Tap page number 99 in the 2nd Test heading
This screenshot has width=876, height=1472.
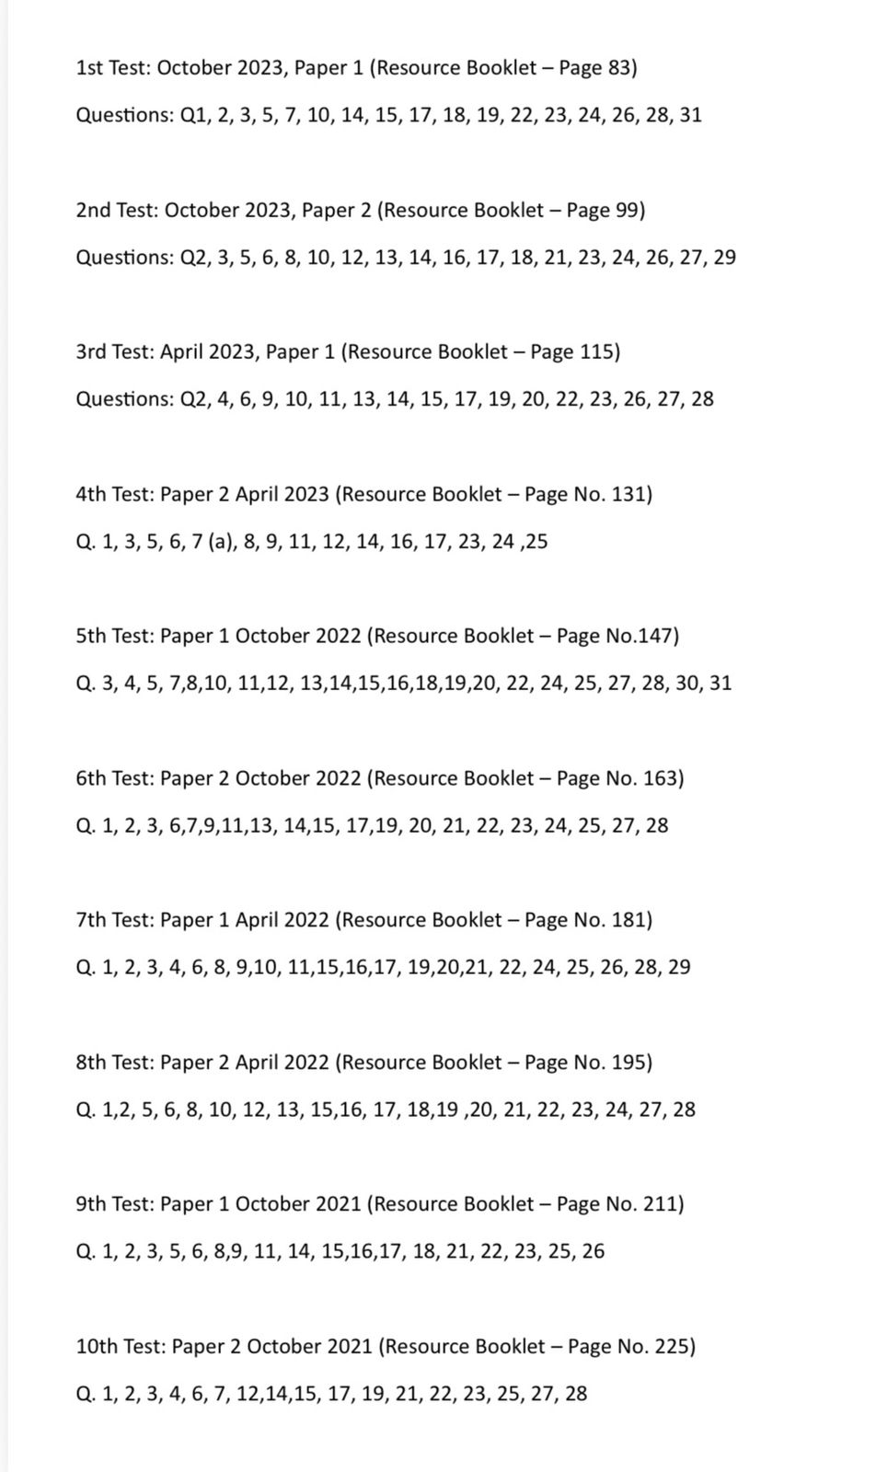(627, 210)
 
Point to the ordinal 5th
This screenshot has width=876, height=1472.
(91, 636)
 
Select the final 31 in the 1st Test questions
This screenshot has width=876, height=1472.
(690, 116)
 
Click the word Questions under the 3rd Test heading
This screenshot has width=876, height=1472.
(124, 399)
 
